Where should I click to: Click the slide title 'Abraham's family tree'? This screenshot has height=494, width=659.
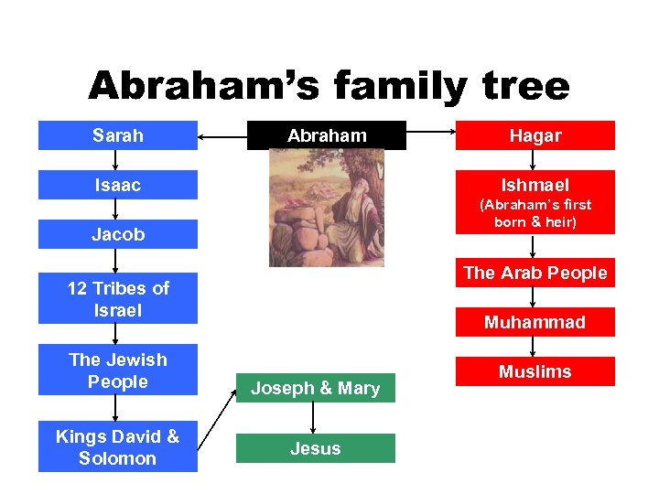coord(329,87)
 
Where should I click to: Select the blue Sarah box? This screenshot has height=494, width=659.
coord(117,135)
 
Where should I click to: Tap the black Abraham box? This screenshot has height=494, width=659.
coord(327,135)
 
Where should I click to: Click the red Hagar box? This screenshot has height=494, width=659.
coord(535,135)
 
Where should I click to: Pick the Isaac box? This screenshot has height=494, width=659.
coord(117,186)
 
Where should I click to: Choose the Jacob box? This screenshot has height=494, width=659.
coord(117,234)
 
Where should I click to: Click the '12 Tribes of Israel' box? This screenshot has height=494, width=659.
coord(117,299)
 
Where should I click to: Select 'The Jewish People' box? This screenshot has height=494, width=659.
coord(117,370)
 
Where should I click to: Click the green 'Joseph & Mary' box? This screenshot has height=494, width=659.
coord(315,388)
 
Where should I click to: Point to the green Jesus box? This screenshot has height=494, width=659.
coord(315,448)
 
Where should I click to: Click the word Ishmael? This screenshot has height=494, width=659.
coord(535,185)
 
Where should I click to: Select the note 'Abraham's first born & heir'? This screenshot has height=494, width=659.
coord(535,213)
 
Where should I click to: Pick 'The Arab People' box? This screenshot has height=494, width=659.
coord(535,273)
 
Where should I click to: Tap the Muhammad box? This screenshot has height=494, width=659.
coord(535,322)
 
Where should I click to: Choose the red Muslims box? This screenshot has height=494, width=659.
coord(535,371)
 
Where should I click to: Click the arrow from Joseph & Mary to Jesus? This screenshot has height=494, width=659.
coord(314,417)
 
